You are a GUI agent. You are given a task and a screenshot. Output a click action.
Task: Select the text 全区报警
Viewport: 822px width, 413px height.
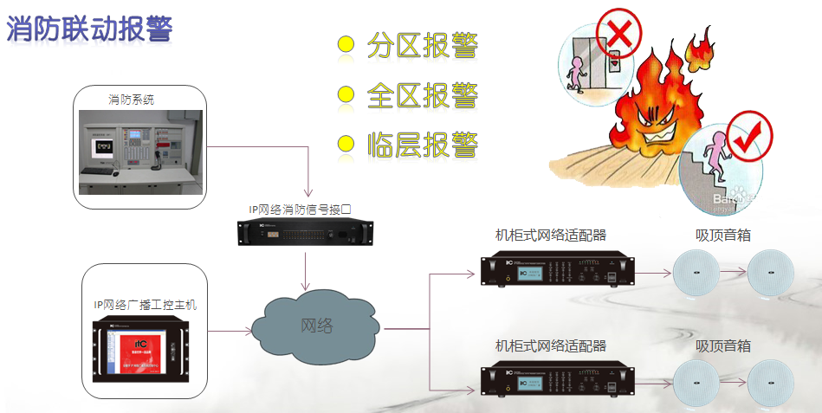click(423, 94)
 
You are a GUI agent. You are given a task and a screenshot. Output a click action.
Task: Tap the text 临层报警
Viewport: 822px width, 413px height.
click(423, 143)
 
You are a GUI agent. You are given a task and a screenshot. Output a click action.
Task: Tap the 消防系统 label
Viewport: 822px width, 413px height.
click(131, 99)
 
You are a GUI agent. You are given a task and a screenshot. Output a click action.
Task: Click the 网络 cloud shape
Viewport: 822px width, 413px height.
click(316, 326)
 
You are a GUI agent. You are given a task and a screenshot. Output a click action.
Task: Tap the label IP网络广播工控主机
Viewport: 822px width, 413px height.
click(146, 304)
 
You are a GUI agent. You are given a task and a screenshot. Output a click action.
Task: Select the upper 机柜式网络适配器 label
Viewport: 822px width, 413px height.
click(550, 235)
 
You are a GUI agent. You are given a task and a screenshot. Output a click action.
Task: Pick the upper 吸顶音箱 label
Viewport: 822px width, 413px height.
click(722, 235)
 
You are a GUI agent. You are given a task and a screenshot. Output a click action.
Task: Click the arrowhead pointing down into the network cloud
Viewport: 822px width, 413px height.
click(305, 287)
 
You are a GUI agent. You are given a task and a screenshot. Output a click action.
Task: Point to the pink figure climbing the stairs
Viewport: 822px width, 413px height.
click(715, 152)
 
